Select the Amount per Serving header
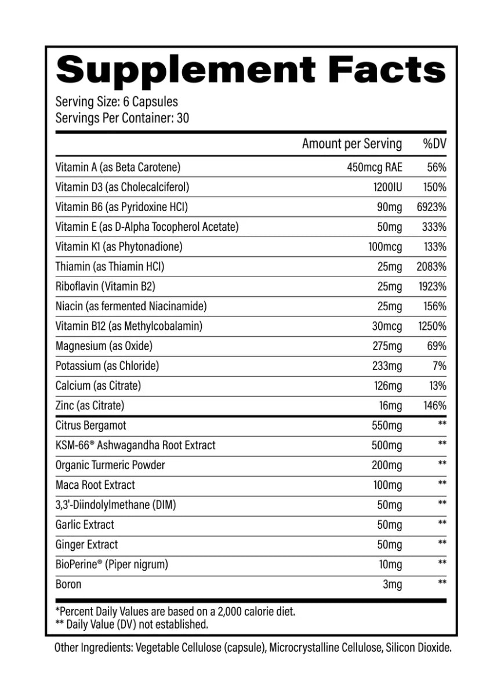coord(351,144)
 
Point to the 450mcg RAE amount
coord(374,168)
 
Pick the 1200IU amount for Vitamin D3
coord(384,187)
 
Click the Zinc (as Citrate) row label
coord(89,405)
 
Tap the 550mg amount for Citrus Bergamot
coord(386,426)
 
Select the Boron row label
coord(68,584)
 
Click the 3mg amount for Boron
coord(392,584)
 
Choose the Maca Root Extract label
coord(95,485)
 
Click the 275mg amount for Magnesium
coord(386,346)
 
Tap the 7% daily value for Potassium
coord(439,366)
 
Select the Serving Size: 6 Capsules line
coord(117,102)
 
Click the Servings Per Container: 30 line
coord(122,118)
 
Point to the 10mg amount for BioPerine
coord(389,564)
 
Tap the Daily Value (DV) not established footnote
coord(131,624)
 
